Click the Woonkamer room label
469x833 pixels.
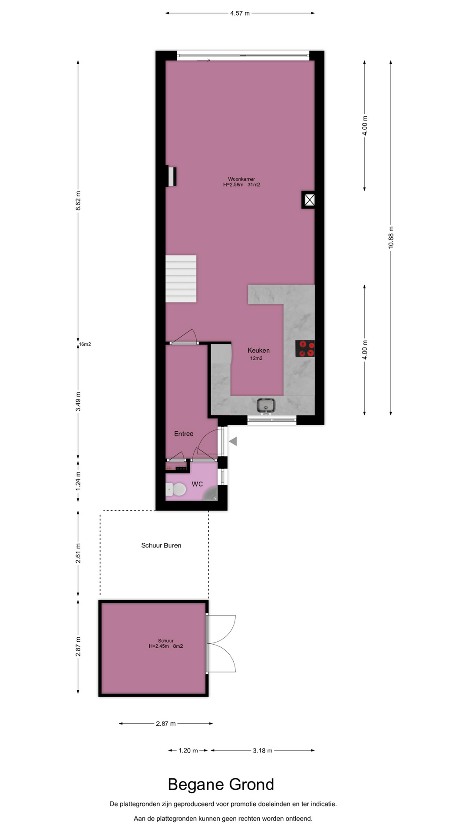tap(241, 179)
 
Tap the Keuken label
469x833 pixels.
tap(258, 350)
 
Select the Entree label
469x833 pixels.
tap(184, 433)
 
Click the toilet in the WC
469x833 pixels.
tap(176, 489)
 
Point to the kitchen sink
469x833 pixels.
tap(266, 405)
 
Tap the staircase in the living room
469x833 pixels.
tap(181, 279)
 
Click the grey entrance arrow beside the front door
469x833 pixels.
tap(233, 442)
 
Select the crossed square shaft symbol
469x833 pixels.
tap(309, 200)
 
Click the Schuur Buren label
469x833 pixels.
tap(161, 545)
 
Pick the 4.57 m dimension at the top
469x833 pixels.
tap(240, 13)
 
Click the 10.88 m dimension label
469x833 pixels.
tap(391, 237)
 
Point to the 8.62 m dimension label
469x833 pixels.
tap(78, 201)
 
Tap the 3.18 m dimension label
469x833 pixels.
tap(263, 750)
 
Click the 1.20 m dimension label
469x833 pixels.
tap(188, 750)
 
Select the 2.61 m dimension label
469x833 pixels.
tap(78, 553)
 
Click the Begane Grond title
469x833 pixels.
tap(221, 784)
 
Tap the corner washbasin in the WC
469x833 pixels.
tap(212, 494)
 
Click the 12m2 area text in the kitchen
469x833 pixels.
tap(256, 358)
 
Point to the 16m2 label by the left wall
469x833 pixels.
tap(85, 344)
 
